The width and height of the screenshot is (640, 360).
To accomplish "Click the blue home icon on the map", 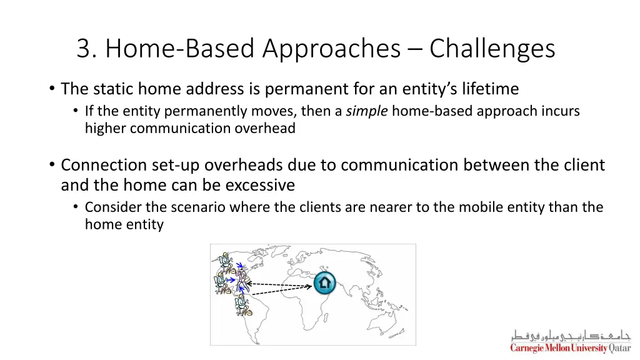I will coord(324,283).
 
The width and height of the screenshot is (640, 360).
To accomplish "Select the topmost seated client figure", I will coord(226,259).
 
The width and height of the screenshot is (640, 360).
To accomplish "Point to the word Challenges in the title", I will coord(492,49).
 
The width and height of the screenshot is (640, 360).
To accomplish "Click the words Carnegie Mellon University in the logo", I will coord(559,348).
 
